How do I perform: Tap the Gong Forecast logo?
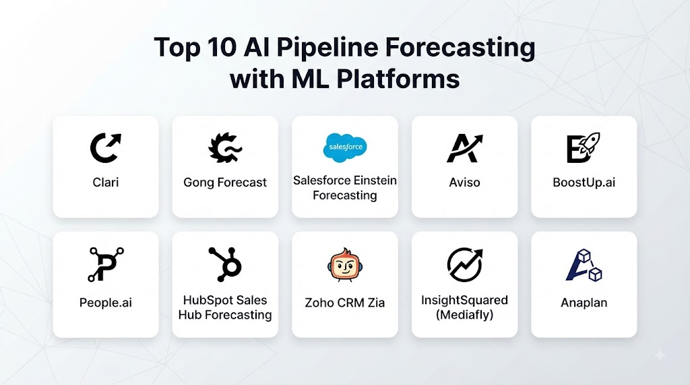[x=224, y=147]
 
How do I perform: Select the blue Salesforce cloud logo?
[x=345, y=147]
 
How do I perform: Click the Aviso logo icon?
[x=465, y=148]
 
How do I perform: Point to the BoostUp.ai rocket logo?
[x=584, y=147]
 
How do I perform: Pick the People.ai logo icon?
[x=106, y=265]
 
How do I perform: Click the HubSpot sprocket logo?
[x=226, y=264]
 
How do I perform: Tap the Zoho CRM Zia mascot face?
[x=344, y=265]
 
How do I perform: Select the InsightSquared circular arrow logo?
[x=465, y=265]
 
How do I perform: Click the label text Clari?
[x=106, y=182]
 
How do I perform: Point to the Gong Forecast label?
[x=225, y=182]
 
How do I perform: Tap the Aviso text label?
[x=464, y=182]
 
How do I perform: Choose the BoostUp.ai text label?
[x=584, y=182]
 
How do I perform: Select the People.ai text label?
[x=106, y=302]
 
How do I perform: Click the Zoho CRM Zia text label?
[x=344, y=302]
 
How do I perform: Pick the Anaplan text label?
[x=584, y=302]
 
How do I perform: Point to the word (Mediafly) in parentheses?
[x=464, y=315]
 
